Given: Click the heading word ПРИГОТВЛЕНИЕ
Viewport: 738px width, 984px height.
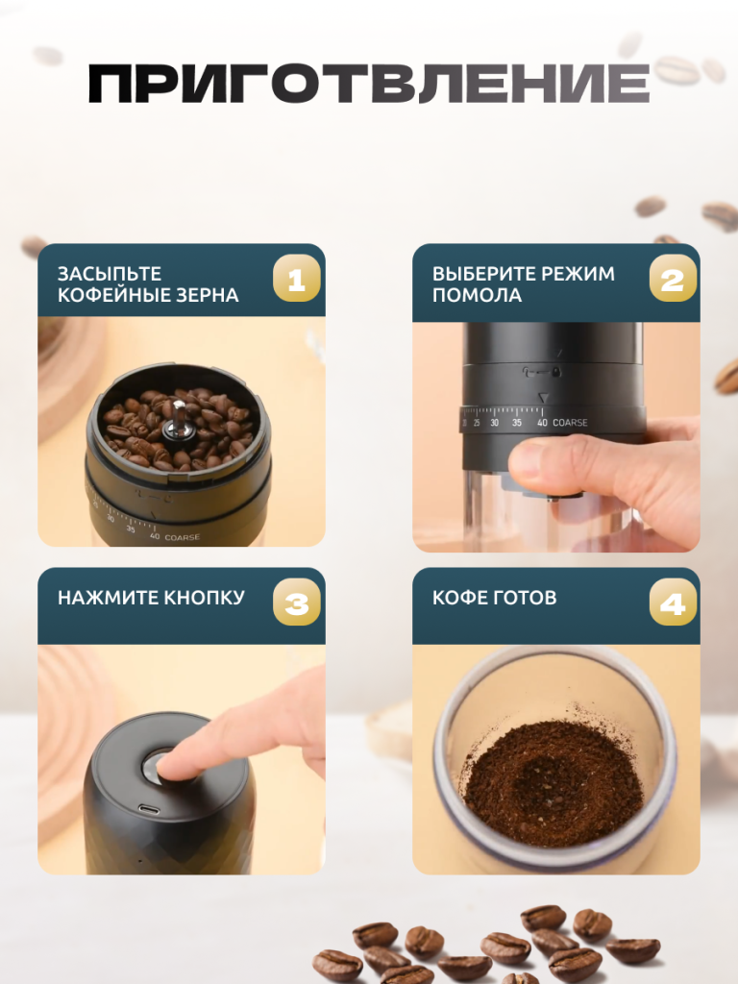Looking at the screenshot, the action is tap(369, 84).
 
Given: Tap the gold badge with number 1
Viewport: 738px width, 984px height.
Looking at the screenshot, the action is tap(296, 278).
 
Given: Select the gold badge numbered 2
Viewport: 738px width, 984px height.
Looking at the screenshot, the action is tap(673, 278).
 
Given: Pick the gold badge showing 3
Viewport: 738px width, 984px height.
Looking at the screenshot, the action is tap(296, 603).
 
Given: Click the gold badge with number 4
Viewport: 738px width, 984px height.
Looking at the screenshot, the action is tap(673, 603).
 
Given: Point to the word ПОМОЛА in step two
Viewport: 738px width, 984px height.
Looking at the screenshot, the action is tap(477, 295).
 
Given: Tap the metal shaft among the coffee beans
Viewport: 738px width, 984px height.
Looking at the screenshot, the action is tap(178, 419).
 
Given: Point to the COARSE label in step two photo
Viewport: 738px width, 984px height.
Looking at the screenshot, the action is tap(570, 423).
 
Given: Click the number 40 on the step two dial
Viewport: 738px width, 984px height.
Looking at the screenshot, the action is tap(542, 423).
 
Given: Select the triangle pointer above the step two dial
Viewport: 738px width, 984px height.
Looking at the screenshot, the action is tap(544, 398).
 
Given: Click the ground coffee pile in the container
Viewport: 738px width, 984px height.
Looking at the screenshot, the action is tap(553, 781).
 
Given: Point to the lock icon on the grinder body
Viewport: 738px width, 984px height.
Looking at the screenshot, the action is tap(556, 372).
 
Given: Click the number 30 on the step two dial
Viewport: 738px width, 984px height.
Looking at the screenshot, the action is tap(495, 423).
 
